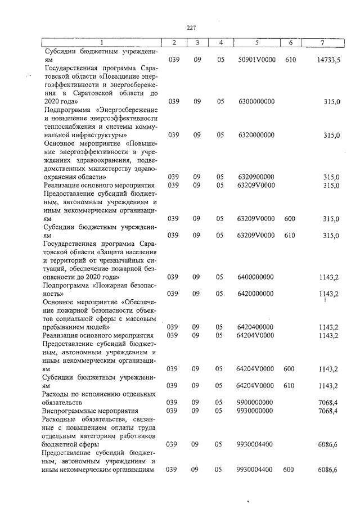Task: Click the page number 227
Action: tap(191, 28)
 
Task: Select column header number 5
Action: tap(256, 43)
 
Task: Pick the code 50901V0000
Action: tap(256, 59)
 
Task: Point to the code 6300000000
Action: tap(256, 101)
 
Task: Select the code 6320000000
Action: tap(256, 135)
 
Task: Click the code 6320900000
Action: tap(256, 177)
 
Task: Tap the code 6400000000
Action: tap(256, 277)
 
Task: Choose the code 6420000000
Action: tap(256, 294)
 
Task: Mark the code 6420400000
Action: tap(256, 327)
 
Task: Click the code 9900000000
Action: tap(256, 403)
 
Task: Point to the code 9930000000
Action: tap(256, 411)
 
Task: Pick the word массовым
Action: tap(137, 319)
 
